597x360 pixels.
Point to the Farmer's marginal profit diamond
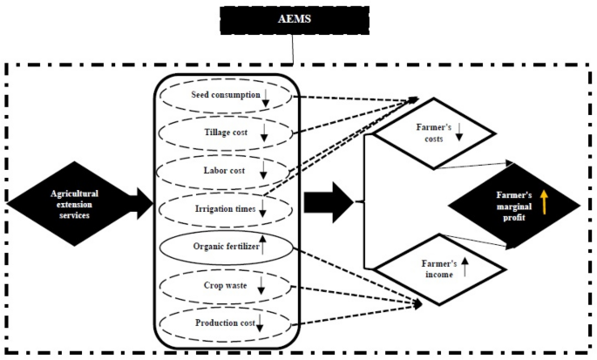coord(514,205)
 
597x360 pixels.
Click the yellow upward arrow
coord(544,203)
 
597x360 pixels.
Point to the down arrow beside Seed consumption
coord(266,97)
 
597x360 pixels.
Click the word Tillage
coord(207,133)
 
